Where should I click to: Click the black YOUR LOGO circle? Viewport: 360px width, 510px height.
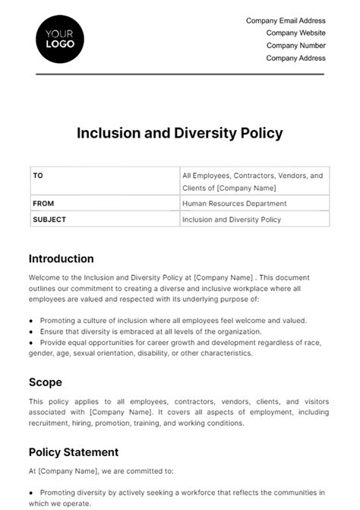(x=60, y=38)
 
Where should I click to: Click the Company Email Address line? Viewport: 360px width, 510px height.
(x=286, y=21)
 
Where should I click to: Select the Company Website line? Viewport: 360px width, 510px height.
(x=295, y=33)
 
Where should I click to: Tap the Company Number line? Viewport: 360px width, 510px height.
(x=295, y=46)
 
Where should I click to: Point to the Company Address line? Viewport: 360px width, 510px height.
(x=295, y=58)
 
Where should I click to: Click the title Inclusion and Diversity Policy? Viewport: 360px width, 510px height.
(x=180, y=133)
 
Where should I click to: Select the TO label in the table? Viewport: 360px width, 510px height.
(x=38, y=176)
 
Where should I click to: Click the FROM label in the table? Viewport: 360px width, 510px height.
(x=43, y=204)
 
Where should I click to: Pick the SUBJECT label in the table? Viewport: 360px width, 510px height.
(x=49, y=220)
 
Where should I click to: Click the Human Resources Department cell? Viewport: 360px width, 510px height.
(x=235, y=204)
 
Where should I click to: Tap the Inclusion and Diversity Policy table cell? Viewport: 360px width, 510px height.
(x=232, y=220)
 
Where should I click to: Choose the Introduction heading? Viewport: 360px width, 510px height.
(x=62, y=258)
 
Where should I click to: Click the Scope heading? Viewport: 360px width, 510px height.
(x=46, y=382)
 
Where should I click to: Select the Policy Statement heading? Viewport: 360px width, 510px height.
(x=74, y=452)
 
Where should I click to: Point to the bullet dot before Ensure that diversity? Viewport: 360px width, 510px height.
(x=31, y=332)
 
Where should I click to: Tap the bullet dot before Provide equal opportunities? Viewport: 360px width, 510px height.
(x=31, y=343)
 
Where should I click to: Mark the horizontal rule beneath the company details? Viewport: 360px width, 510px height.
(x=180, y=74)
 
